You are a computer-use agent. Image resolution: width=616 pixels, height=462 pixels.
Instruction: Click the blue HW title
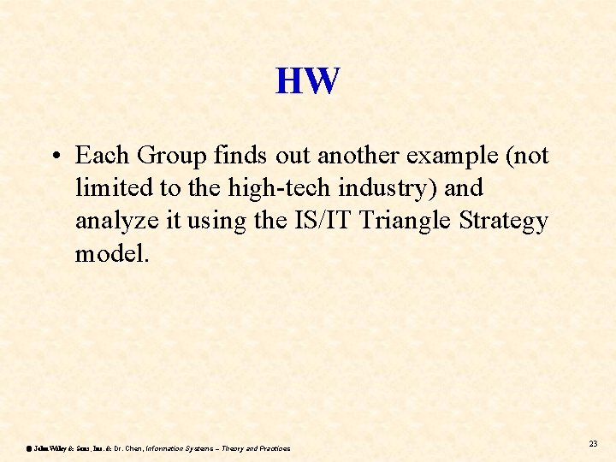tap(308, 81)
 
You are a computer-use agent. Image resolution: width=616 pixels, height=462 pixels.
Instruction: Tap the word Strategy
tap(504, 222)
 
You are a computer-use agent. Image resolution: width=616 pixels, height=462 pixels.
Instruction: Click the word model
tap(111, 253)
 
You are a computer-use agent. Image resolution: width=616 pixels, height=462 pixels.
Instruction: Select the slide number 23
tap(594, 443)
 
